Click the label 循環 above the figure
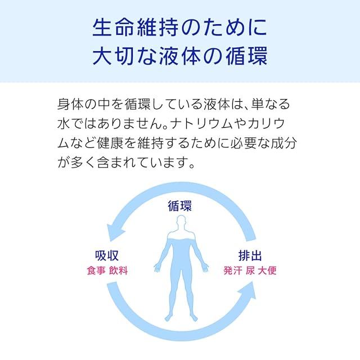click(x=179, y=206)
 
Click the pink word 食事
click(x=96, y=270)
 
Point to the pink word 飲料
click(x=119, y=270)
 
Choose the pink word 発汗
click(x=232, y=270)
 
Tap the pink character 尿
click(x=251, y=270)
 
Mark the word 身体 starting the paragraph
click(x=70, y=105)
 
